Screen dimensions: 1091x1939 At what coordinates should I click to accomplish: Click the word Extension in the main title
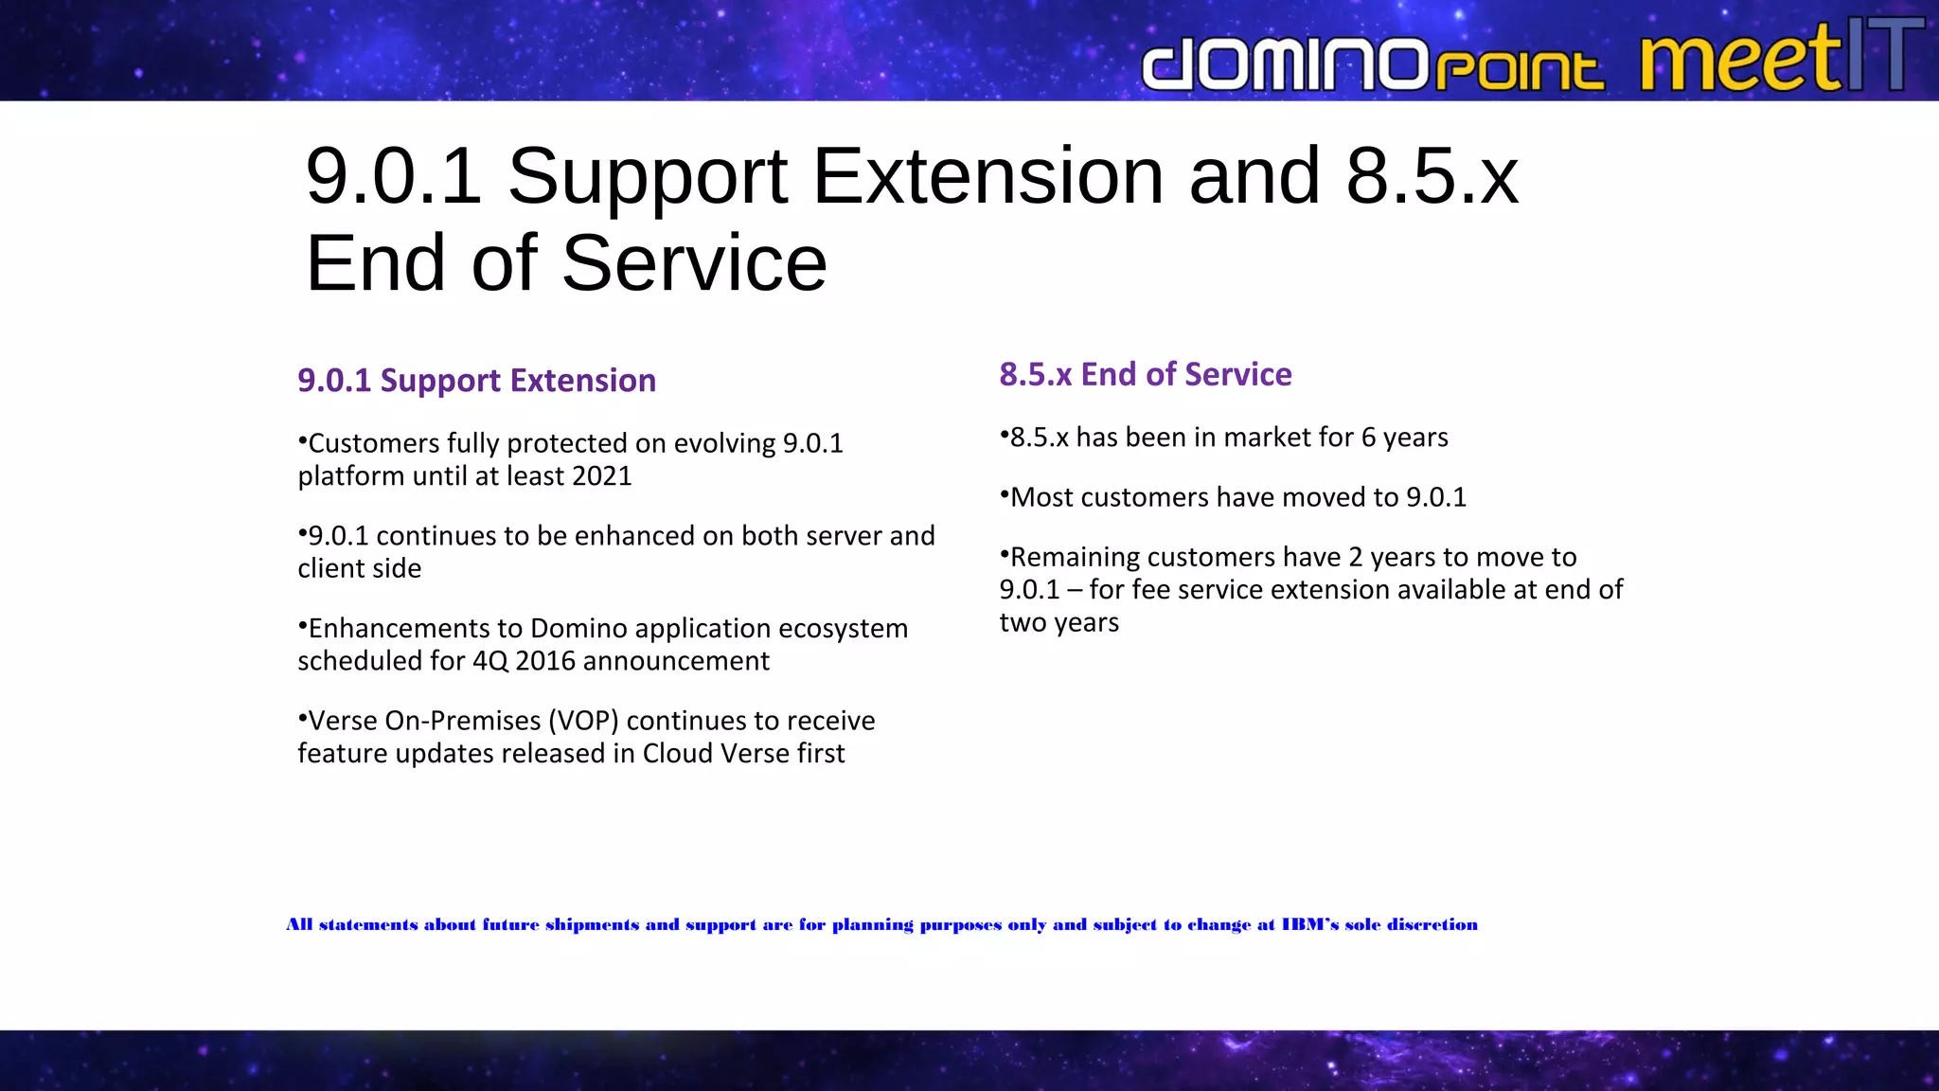click(x=987, y=176)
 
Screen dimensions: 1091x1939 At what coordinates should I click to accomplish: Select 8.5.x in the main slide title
click(x=1432, y=176)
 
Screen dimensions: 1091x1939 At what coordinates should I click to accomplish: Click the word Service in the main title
click(x=694, y=263)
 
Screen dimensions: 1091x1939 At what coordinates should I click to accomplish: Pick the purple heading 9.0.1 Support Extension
click(x=476, y=380)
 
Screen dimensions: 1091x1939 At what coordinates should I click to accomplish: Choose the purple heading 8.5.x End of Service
click(x=1145, y=374)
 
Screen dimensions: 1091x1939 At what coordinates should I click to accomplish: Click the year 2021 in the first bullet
click(x=601, y=475)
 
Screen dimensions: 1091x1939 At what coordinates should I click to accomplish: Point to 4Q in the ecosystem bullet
click(x=490, y=660)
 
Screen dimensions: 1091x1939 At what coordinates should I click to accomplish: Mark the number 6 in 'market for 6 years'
click(x=1368, y=438)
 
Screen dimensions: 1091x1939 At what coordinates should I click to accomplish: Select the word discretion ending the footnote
click(x=1432, y=924)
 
